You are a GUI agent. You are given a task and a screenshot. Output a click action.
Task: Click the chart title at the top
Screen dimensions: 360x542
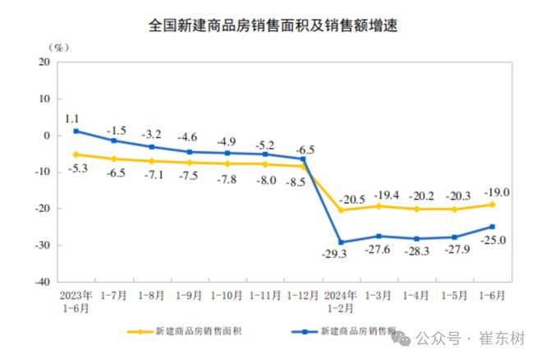272,25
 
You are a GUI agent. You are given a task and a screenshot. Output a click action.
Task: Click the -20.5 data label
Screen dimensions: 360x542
353,200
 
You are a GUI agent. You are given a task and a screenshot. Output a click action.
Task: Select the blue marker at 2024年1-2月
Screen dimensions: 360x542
341,242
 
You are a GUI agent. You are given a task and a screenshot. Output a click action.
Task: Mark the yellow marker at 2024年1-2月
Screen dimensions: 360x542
341,210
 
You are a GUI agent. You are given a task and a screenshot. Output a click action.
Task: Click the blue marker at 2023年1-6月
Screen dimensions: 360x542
76,131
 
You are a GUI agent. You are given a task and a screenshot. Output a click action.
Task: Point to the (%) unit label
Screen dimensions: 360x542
58,48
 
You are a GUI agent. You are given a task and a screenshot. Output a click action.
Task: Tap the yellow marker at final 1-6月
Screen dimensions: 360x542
492,205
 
